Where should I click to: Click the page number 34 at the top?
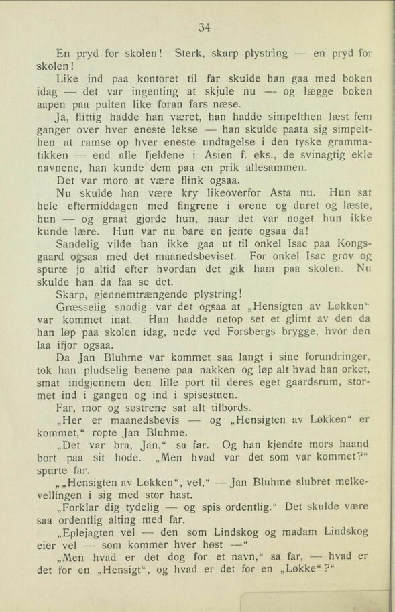[x=205, y=27]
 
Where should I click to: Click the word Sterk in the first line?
[x=189, y=52]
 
